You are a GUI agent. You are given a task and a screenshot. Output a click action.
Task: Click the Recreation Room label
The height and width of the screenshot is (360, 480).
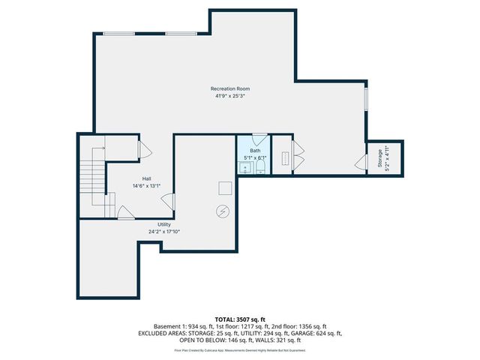(230, 89)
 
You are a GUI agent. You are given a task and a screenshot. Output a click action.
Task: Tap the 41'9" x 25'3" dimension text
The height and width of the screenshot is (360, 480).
(230, 96)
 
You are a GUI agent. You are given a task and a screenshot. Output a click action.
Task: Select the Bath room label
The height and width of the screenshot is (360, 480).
(255, 151)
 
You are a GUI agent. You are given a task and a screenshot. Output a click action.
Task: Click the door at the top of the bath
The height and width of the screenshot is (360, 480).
(259, 139)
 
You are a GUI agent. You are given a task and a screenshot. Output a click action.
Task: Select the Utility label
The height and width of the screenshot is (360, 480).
(164, 224)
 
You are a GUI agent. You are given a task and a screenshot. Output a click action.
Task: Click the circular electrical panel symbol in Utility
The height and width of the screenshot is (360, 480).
(223, 211)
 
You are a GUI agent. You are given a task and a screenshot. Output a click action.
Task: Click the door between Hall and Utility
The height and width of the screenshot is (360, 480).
(169, 201)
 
